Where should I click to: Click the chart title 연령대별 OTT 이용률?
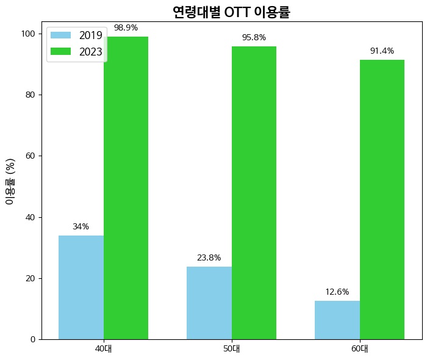[x=231, y=12]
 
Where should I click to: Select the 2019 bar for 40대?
[x=81, y=287]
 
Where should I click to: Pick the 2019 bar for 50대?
[x=209, y=303]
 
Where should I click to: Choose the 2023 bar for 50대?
[x=254, y=193]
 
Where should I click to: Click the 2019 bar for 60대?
[x=337, y=320]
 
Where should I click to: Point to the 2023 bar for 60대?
[x=382, y=200]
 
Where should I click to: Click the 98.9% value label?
[x=126, y=28]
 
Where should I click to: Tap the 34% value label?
[x=81, y=226]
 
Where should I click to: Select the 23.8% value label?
[x=209, y=257]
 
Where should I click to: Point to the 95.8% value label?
[x=254, y=37]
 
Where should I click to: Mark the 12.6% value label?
[x=337, y=292]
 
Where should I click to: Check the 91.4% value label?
[x=382, y=51]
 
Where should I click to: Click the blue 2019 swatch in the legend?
[x=61, y=35]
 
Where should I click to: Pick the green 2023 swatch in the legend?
[x=61, y=52]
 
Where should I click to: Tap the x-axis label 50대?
[x=232, y=350]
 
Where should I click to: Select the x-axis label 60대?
[x=360, y=350]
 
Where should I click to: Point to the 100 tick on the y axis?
[x=29, y=34]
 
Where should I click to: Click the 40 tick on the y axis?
[x=30, y=217]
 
